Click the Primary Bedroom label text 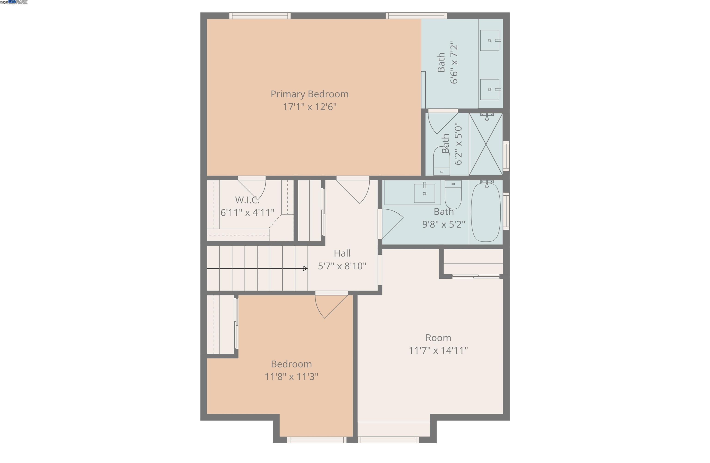[x=309, y=94]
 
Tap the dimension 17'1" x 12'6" [x=309, y=107]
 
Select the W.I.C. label [x=247, y=200]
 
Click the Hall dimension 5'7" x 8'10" [x=342, y=266]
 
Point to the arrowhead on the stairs [x=305, y=268]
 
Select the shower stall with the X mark [x=486, y=144]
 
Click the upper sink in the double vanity [x=490, y=40]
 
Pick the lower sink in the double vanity [x=490, y=90]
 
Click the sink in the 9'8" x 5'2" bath [x=424, y=193]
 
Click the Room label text [x=438, y=338]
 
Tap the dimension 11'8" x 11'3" [x=291, y=377]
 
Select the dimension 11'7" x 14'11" [x=438, y=350]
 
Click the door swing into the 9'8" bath [x=391, y=222]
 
